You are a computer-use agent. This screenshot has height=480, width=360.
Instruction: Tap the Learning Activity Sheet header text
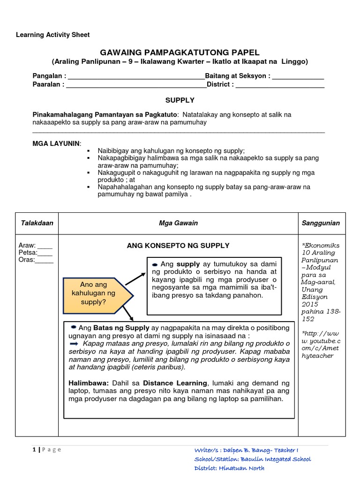pyautogui.click(x=53, y=35)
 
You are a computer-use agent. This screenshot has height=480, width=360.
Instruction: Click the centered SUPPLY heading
pyautogui.click(x=180, y=100)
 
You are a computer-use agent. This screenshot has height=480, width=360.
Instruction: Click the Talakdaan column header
pyautogui.click(x=37, y=223)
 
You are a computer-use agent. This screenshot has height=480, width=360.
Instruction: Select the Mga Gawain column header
pyautogui.click(x=178, y=223)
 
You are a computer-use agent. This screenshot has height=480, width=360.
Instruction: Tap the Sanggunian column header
pyautogui.click(x=321, y=223)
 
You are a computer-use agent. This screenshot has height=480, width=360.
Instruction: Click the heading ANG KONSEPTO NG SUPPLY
pyautogui.click(x=178, y=245)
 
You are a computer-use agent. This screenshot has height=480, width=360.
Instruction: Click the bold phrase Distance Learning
pyautogui.click(x=175, y=383)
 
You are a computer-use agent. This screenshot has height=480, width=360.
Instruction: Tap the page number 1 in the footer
pyautogui.click(x=34, y=450)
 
